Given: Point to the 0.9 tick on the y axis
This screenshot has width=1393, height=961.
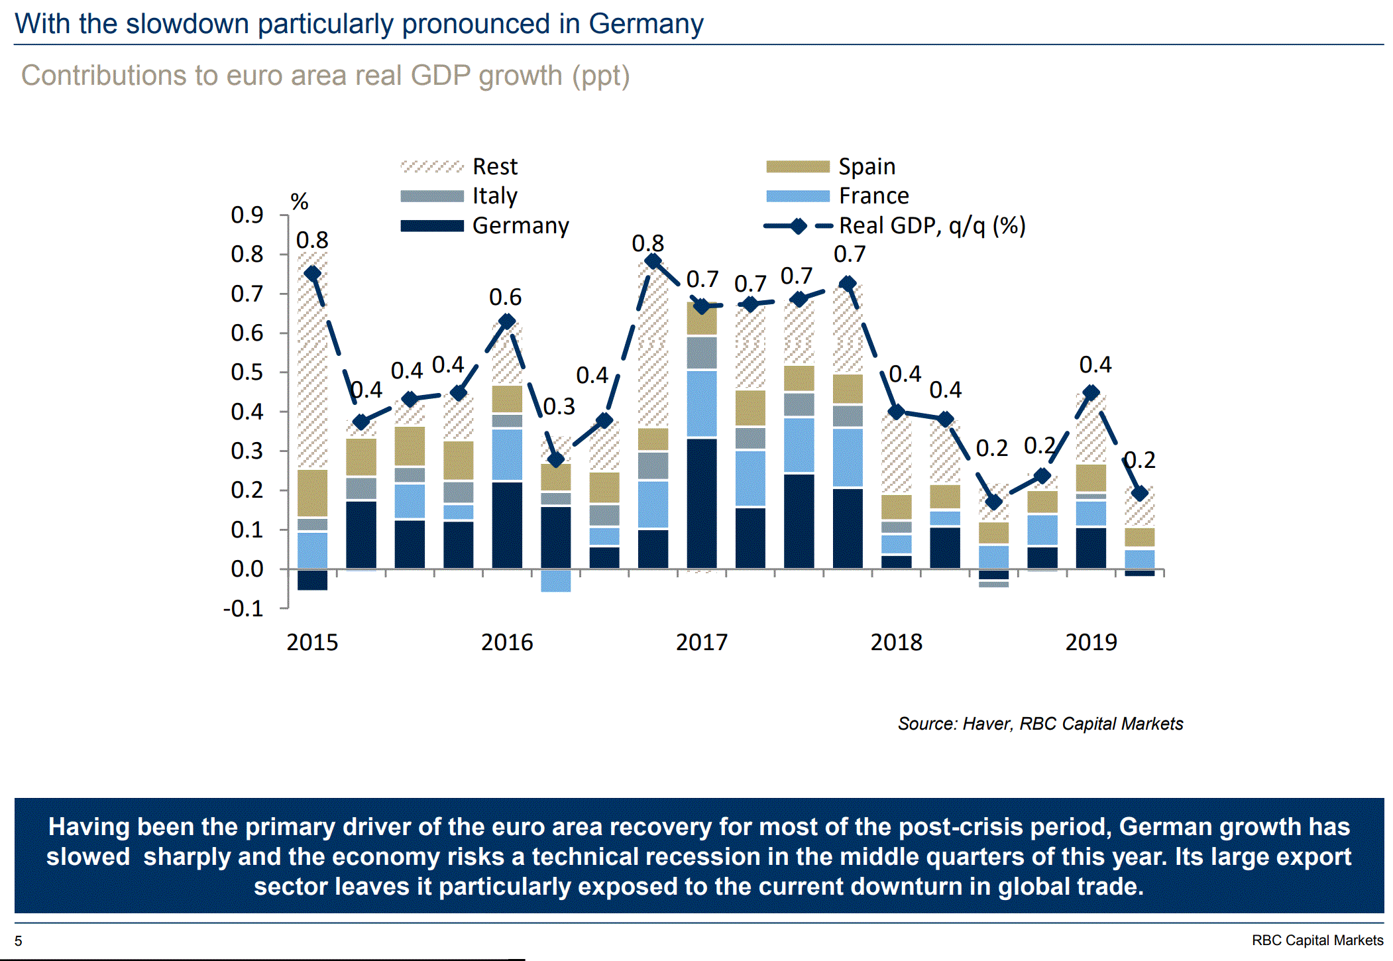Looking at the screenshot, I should (x=247, y=215).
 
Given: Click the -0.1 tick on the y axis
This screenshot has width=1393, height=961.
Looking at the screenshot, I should (x=243, y=608).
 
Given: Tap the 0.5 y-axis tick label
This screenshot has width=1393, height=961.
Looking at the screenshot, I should (x=247, y=372).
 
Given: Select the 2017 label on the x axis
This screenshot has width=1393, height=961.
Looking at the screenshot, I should (x=701, y=642).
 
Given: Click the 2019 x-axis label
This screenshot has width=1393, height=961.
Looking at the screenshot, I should (x=1091, y=642).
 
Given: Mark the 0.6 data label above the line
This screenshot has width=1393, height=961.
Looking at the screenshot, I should (x=505, y=297).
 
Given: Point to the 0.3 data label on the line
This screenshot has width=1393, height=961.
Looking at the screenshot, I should (x=559, y=406).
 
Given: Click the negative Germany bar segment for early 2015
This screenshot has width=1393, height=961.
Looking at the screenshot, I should (x=312, y=580).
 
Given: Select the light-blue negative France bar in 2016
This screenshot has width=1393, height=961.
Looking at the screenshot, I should (x=555, y=581).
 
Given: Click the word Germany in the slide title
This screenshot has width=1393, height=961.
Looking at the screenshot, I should (x=645, y=24).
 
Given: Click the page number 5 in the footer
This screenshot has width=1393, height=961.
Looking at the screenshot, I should (x=19, y=941).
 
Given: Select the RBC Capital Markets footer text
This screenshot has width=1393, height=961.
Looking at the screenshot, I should (x=1317, y=940).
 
